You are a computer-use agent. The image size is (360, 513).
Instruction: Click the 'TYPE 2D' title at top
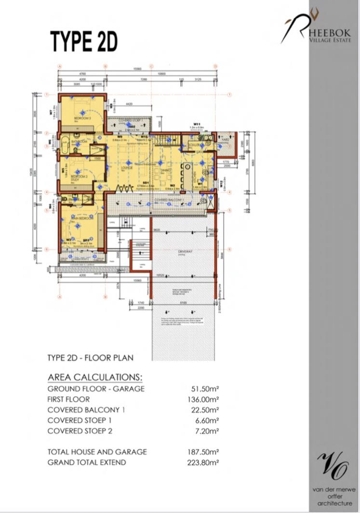pyautogui.click(x=84, y=42)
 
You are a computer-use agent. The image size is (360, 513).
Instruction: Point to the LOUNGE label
pyautogui.click(x=127, y=168)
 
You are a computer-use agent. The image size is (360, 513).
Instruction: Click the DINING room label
pyautogui.click(x=166, y=170)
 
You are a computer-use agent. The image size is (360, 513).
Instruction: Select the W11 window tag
pyautogui.click(x=196, y=124)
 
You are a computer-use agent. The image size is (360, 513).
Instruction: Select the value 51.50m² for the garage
pyautogui.click(x=203, y=389)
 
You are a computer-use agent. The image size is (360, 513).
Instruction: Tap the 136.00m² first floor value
pyautogui.click(x=203, y=399)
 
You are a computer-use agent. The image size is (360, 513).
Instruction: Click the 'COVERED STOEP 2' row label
pyautogui.click(x=80, y=431)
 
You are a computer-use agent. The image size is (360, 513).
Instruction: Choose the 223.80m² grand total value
pyautogui.click(x=203, y=462)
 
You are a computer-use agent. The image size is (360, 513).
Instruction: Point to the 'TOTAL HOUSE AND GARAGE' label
pyautogui.click(x=97, y=452)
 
